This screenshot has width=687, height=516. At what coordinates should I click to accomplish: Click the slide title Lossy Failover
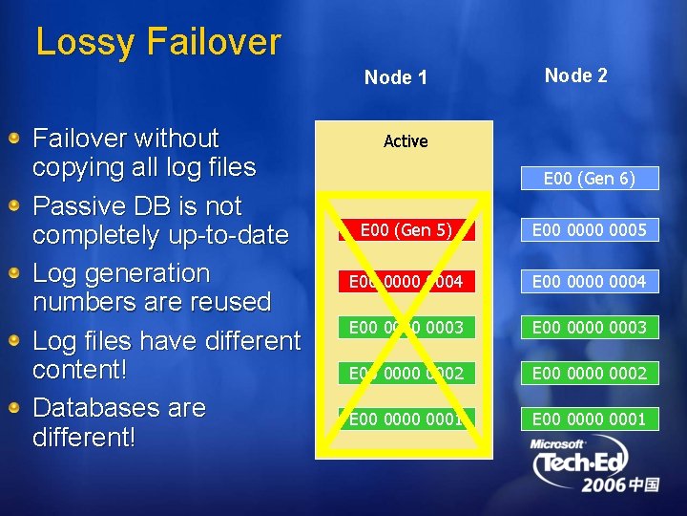point(158,42)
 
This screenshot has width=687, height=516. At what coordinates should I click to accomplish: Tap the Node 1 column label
point(396,77)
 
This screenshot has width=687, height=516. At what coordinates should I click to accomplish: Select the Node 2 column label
point(575,75)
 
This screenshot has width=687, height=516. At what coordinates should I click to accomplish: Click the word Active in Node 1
point(406,141)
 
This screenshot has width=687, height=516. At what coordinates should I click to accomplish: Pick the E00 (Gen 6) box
point(589,179)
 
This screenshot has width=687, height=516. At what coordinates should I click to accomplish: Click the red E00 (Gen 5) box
point(406,229)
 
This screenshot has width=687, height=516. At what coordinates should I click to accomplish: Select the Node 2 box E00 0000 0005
point(589,229)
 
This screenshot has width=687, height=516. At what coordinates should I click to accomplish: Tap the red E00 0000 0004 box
point(406,281)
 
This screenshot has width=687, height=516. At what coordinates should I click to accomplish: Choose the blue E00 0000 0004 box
point(589,281)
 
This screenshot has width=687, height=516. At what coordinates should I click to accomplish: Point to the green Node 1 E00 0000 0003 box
point(406,327)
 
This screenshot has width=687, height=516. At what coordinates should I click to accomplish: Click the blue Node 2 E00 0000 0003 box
point(589,327)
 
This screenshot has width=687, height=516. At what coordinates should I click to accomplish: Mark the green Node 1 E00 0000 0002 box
point(406,373)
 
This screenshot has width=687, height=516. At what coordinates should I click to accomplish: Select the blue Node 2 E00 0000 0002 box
point(589,373)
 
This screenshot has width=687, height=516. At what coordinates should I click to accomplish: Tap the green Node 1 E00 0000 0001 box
point(406,419)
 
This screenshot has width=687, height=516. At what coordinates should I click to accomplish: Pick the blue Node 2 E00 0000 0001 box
point(589,419)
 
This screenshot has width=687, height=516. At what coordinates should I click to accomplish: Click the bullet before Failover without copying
point(16,140)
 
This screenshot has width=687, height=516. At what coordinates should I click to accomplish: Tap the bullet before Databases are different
point(16,409)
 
